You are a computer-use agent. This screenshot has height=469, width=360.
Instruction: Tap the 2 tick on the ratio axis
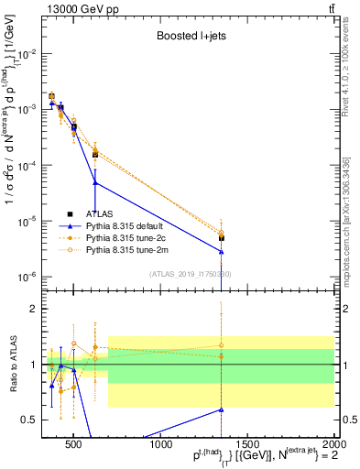pos(35,309)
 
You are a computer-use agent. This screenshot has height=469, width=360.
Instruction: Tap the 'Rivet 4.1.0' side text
pos(346,82)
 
